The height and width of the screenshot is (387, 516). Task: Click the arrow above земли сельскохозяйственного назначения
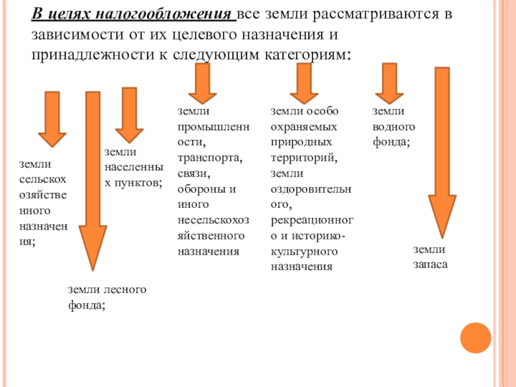pos(52,119)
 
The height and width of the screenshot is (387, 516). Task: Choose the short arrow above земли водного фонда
pos(389,84)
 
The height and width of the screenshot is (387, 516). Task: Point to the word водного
pos(394,126)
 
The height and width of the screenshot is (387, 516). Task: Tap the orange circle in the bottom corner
pos(476,337)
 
